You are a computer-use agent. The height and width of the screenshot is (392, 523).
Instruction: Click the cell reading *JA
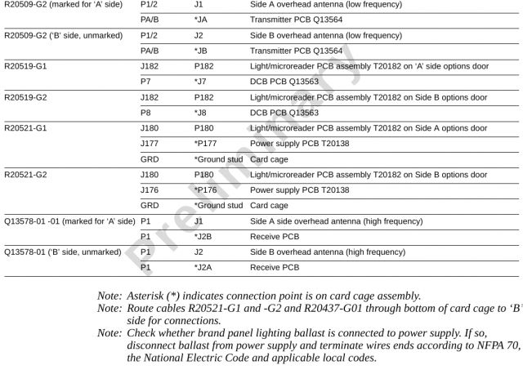201,20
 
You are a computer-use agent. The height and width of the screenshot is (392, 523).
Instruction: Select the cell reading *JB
201,51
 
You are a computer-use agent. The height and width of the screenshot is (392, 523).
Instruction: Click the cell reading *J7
200,82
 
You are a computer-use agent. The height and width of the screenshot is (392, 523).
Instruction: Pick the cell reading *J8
200,113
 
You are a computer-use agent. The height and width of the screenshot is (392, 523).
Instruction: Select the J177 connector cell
150,144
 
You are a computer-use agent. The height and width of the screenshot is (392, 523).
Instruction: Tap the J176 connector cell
150,190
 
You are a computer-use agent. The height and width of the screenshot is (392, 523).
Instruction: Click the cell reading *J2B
203,237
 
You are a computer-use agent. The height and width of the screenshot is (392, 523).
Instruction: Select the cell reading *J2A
203,268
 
